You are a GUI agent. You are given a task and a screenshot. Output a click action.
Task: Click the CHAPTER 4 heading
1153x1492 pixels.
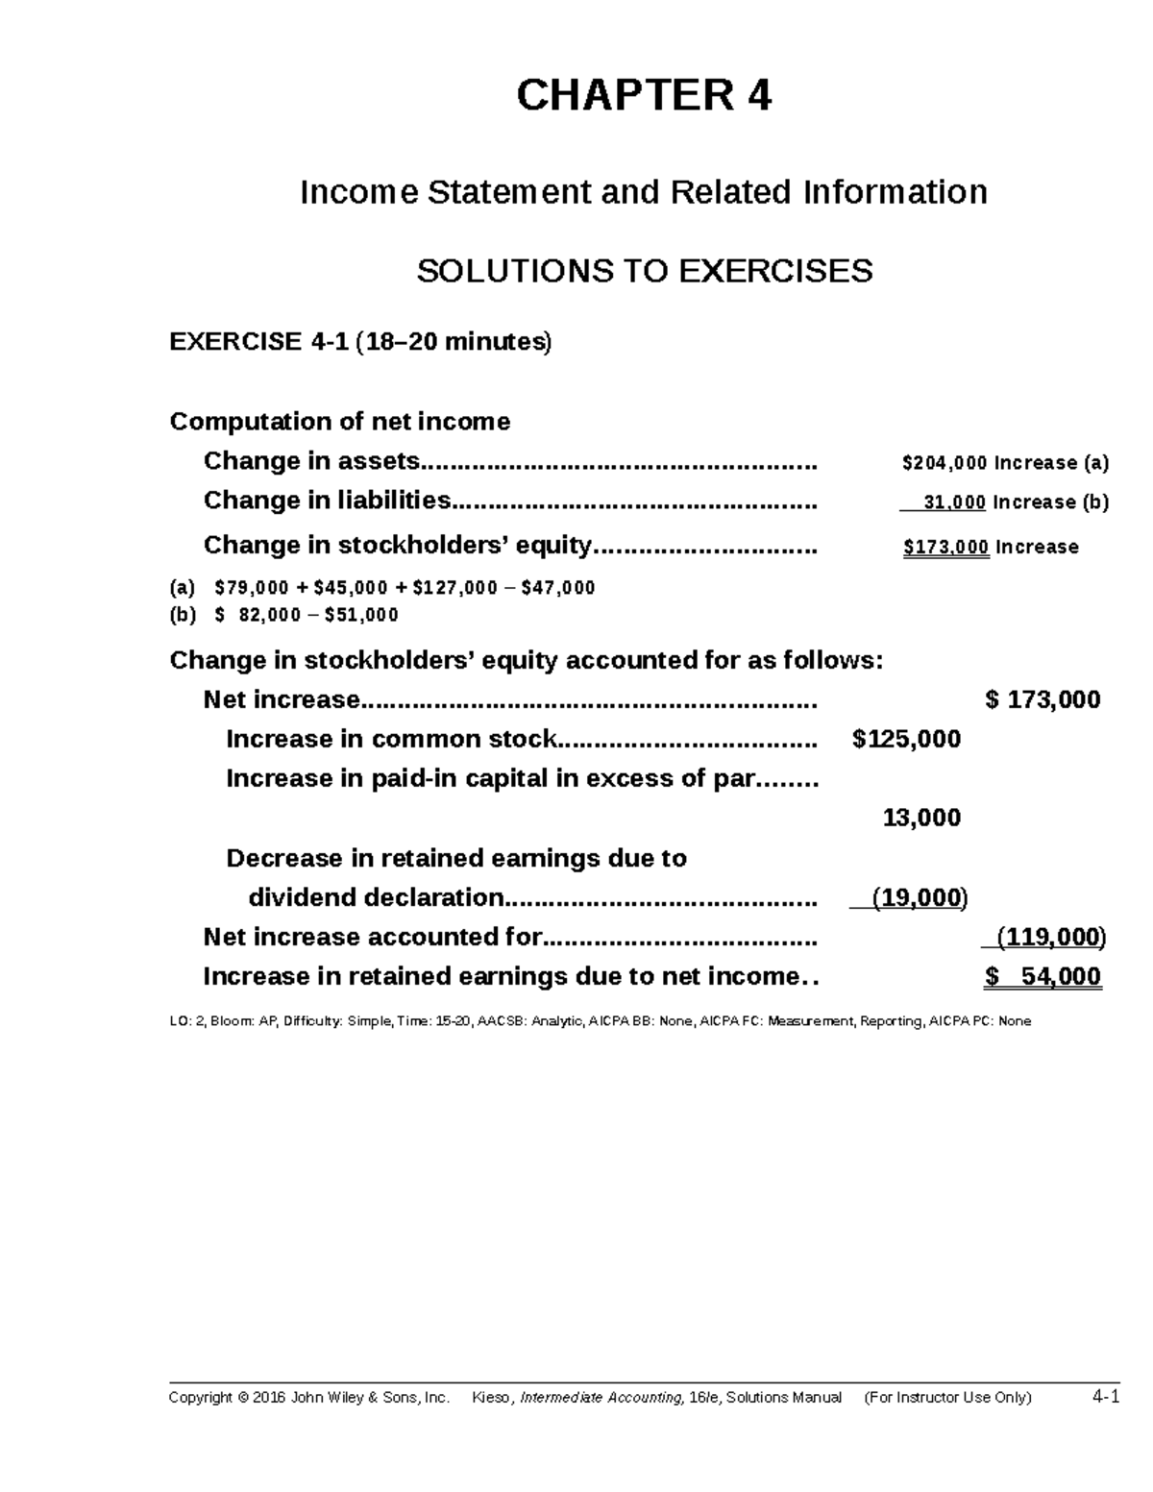point(644,96)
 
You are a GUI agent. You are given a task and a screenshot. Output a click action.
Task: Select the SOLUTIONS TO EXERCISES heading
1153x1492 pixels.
point(644,272)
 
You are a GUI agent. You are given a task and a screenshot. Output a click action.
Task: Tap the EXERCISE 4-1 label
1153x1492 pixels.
point(258,342)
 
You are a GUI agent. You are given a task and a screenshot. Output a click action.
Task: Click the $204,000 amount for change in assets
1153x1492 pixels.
point(944,463)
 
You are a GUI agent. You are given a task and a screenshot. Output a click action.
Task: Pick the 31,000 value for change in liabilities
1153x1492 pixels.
point(954,502)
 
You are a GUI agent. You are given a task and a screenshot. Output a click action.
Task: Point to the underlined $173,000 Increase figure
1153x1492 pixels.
point(946,548)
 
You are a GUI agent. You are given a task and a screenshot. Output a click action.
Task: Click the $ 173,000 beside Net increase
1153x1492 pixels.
point(1043,700)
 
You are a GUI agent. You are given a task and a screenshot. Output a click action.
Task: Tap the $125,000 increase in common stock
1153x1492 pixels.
point(906,740)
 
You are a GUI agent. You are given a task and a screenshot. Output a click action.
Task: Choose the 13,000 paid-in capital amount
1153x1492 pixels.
point(921,819)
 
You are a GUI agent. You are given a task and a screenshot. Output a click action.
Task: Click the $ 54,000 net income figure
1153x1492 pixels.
point(1043,978)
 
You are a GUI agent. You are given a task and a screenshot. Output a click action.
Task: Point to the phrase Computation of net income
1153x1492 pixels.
point(339,422)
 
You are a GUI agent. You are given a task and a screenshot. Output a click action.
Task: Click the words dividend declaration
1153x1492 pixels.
point(376,898)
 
